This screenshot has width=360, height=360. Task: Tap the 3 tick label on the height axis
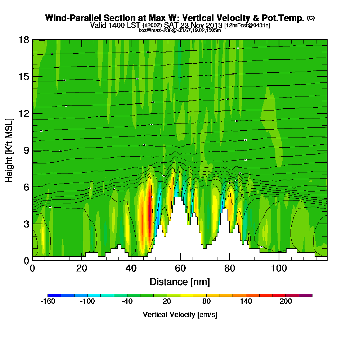(26, 224)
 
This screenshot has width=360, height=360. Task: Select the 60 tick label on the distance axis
(180, 269)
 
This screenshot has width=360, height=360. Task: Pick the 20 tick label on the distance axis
(82, 269)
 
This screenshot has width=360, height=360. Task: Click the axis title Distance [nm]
(180, 282)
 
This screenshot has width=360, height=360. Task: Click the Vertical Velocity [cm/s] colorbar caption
(180, 315)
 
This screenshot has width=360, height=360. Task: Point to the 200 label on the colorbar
(285, 302)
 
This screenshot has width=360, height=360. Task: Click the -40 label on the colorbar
(127, 302)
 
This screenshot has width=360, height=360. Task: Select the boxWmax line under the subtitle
(180, 30)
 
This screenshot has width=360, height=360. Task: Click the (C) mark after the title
(311, 18)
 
